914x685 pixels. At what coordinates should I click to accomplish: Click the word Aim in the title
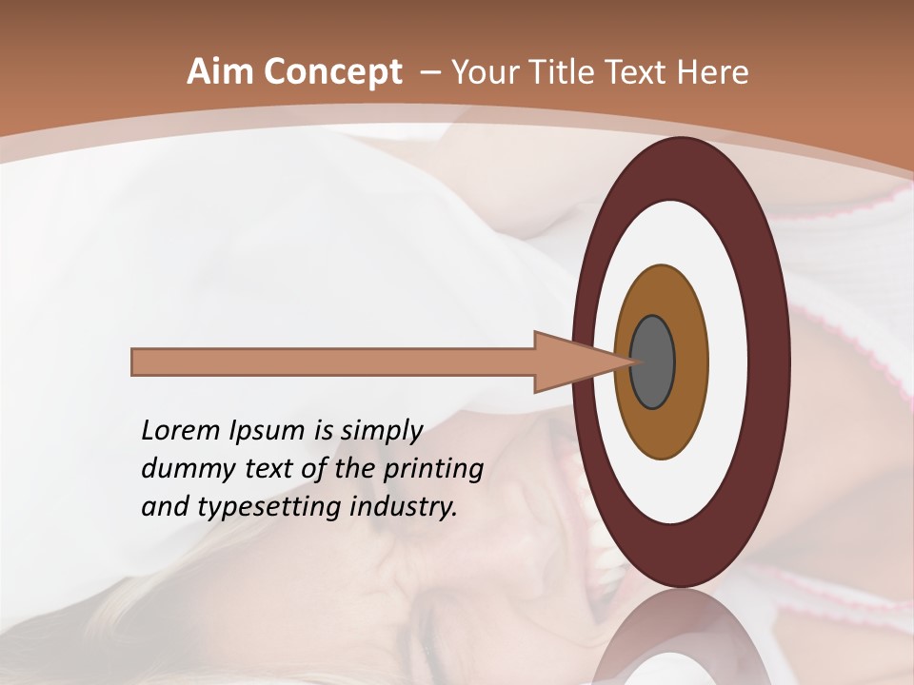[x=221, y=72]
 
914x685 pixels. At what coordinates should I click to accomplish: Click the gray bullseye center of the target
[x=653, y=362]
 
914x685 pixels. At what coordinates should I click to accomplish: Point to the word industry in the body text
[x=404, y=507]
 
